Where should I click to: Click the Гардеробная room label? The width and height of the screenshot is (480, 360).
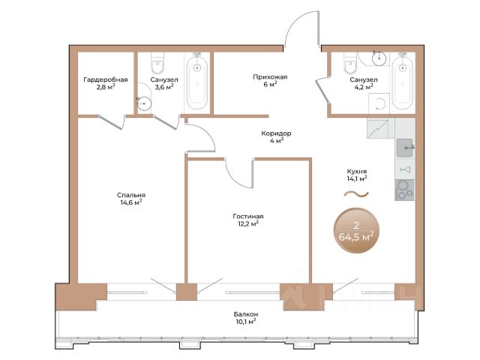pyautogui.click(x=106, y=79)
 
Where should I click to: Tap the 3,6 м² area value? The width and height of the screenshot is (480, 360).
pyautogui.click(x=164, y=87)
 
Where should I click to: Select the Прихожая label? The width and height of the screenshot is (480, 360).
pyautogui.click(x=270, y=76)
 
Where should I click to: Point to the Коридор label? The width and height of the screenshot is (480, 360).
pyautogui.click(x=276, y=133)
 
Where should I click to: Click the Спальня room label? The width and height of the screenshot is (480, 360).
pyautogui.click(x=131, y=195)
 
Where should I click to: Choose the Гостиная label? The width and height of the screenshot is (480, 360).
pyautogui.click(x=248, y=216)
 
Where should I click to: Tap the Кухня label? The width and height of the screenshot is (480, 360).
pyautogui.click(x=357, y=172)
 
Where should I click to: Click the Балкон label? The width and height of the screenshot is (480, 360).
pyautogui.click(x=245, y=314)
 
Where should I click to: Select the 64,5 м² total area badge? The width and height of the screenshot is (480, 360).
pyautogui.click(x=357, y=230)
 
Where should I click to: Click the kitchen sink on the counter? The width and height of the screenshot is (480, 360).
pyautogui.click(x=405, y=148)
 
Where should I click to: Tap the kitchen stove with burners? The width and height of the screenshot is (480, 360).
pyautogui.click(x=405, y=190)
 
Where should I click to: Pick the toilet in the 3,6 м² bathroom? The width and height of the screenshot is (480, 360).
pyautogui.click(x=157, y=63)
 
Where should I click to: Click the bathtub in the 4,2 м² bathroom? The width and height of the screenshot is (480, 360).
pyautogui.click(x=403, y=81)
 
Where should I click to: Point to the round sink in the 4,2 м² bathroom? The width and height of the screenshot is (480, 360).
pyautogui.click(x=379, y=58)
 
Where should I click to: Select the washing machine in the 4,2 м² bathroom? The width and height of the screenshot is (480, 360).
pyautogui.click(x=379, y=103)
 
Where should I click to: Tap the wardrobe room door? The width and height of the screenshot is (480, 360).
pyautogui.click(x=111, y=122)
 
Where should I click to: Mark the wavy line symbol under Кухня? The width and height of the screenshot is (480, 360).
pyautogui.click(x=356, y=193)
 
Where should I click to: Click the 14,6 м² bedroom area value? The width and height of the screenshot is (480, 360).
pyautogui.click(x=131, y=202)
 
